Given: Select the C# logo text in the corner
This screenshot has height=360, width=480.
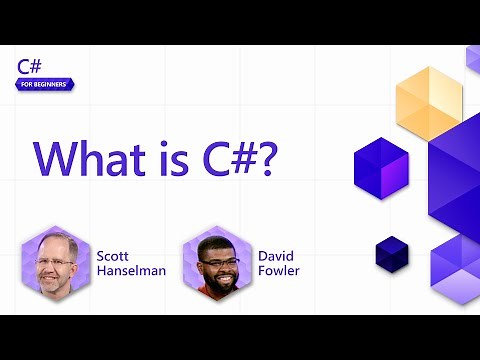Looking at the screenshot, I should coord(29,67).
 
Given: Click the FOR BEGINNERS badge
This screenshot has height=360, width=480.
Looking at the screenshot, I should coord(45,84).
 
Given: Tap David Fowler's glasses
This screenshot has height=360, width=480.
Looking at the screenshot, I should coord(218,264).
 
